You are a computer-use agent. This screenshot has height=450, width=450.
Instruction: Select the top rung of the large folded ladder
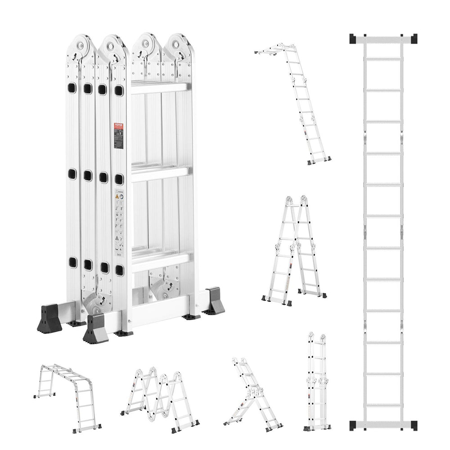point(158,88)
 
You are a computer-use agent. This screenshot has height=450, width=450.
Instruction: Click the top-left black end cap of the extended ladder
point(354,39)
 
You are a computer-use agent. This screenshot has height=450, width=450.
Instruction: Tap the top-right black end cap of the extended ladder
point(412,39)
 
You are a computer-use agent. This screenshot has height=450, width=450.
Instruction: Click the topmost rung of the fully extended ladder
point(383,59)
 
